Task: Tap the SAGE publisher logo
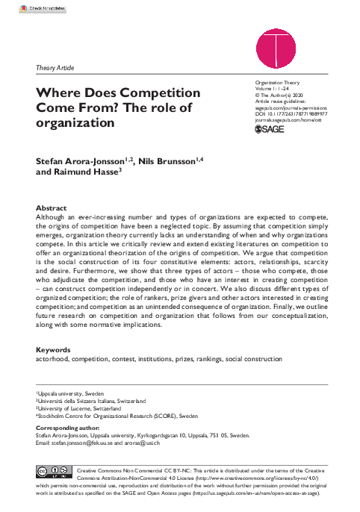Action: (269, 129)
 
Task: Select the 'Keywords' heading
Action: (55, 349)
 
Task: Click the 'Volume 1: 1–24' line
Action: (274, 89)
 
